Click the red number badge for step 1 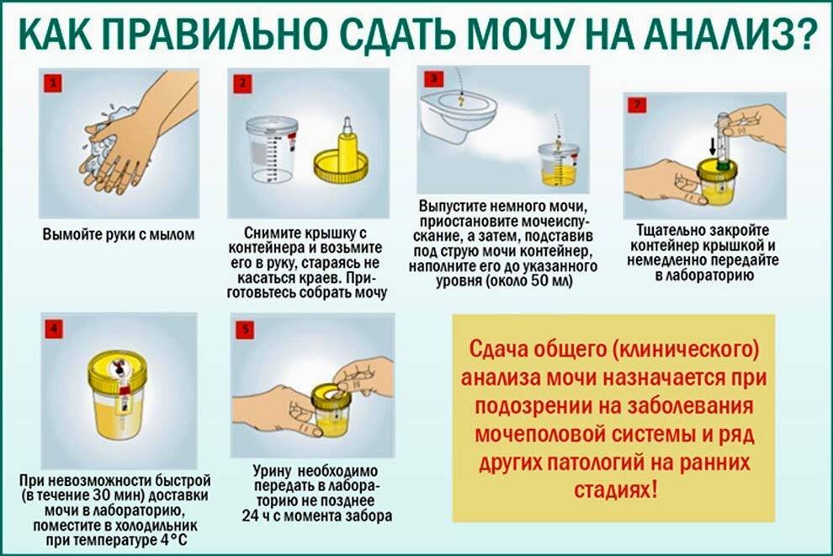[53, 83]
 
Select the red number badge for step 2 [242, 83]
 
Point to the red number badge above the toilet [433, 78]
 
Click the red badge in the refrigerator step [54, 329]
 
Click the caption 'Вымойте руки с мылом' [119, 235]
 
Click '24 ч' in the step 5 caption [258, 516]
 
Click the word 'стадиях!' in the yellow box [615, 489]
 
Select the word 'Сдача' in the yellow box [497, 350]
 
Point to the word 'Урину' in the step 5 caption [272, 472]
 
